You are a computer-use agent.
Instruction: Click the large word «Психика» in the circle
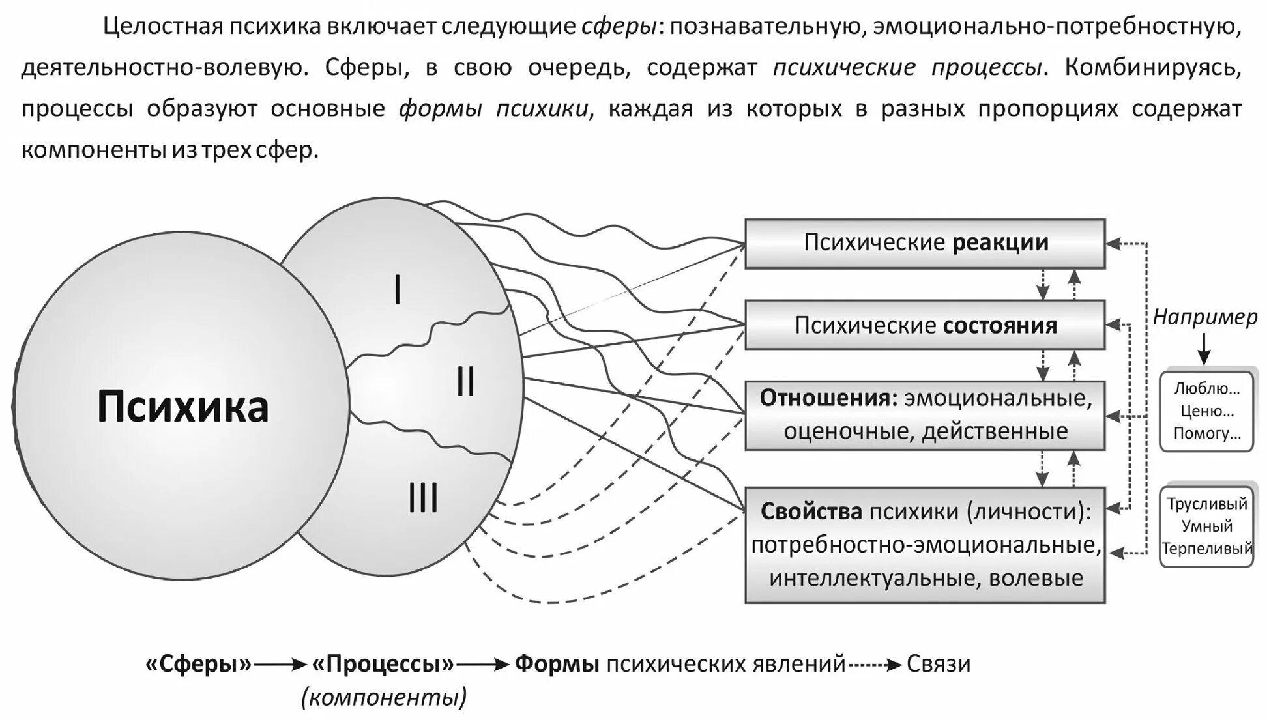point(182,407)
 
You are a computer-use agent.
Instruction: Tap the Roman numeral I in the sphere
point(398,290)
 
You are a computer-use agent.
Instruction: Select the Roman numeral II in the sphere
point(465,382)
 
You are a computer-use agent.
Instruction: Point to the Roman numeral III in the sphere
point(423,500)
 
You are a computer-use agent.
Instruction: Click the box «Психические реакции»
point(925,244)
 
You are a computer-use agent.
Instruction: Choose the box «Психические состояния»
point(925,325)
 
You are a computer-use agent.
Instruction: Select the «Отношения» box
point(925,415)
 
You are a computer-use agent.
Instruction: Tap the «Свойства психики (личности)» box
point(925,545)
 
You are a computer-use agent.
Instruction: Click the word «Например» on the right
point(1205,317)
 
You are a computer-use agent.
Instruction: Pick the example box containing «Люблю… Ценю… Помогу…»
point(1206,411)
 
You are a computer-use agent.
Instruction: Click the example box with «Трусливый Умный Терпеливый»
point(1206,526)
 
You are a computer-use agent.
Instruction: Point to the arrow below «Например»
point(1204,349)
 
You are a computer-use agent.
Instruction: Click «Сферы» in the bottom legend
point(199,664)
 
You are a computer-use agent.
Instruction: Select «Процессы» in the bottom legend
point(383,664)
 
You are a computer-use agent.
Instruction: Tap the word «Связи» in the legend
point(939,664)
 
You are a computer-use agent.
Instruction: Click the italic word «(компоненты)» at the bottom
point(384,698)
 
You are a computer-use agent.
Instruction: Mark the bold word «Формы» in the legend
point(557,664)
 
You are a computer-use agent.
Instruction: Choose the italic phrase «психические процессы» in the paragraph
point(909,67)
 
